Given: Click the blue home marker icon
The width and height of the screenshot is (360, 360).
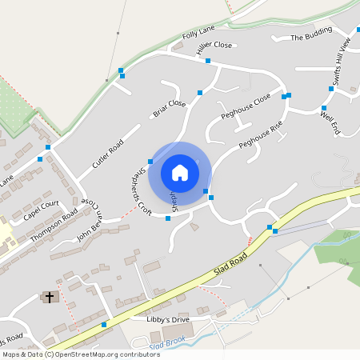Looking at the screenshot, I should click(180, 172).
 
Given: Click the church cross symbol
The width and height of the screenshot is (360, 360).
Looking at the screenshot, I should click(50, 297).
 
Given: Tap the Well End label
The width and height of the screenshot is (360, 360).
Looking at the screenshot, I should click(330, 123).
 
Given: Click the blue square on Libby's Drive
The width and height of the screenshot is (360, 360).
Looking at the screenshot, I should click(104, 325).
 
